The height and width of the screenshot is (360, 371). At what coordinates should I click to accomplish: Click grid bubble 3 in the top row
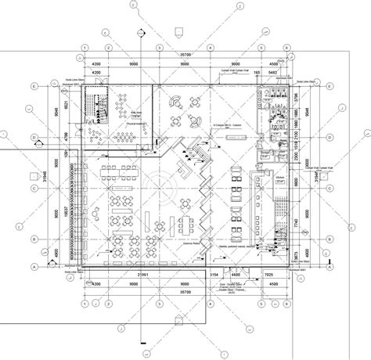point(160,47)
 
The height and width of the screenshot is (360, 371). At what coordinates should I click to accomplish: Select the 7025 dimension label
point(268,275)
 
